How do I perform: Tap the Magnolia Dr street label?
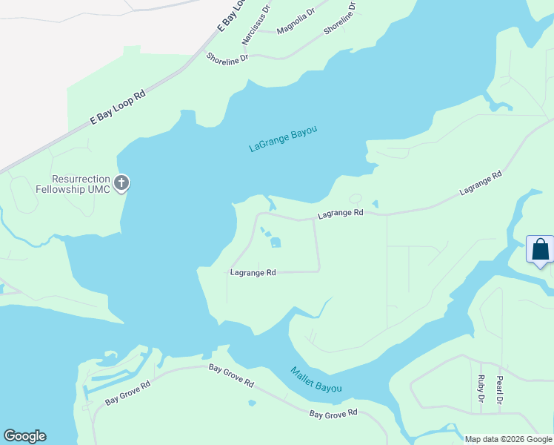[x=296, y=26]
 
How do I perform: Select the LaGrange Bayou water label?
[x=283, y=139]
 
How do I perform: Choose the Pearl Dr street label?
[x=500, y=390]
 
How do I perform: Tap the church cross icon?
[x=121, y=182]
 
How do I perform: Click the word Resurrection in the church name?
[x=81, y=179]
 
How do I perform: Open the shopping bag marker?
[x=540, y=249]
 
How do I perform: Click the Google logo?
[x=24, y=436]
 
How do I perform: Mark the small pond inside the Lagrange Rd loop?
[x=276, y=242]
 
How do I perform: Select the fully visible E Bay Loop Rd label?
[x=118, y=107]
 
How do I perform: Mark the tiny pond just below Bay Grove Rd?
[x=253, y=403]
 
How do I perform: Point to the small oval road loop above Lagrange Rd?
[x=356, y=199]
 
